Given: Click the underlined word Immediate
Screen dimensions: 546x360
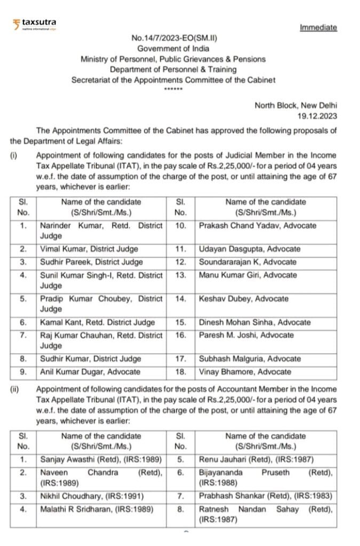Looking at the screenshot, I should (318, 27).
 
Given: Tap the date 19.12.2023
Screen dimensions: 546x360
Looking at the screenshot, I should (317, 115).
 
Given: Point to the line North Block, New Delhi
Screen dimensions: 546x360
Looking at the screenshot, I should (295, 105).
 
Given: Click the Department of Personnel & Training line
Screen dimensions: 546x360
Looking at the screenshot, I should (173, 69).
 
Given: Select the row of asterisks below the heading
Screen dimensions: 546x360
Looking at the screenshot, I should (173, 89).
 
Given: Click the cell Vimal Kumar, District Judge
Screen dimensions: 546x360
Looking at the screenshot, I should (89, 249).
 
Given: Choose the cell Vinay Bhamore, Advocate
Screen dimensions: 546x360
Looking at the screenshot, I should (245, 372).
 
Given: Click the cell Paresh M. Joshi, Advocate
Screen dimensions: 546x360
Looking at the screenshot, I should (246, 335).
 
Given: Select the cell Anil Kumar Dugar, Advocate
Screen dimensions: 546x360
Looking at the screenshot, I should (90, 372).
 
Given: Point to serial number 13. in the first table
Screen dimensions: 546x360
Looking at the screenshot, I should (180, 275).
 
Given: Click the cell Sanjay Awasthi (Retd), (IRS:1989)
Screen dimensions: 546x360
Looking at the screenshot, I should (101, 459).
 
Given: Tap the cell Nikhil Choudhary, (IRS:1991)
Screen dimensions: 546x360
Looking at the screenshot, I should (92, 496).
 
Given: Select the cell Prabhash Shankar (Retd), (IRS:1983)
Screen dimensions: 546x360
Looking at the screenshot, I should (265, 496).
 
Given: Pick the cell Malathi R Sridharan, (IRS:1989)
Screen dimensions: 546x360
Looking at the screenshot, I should (97, 509).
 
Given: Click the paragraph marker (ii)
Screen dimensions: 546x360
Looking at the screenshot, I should (15, 389).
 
